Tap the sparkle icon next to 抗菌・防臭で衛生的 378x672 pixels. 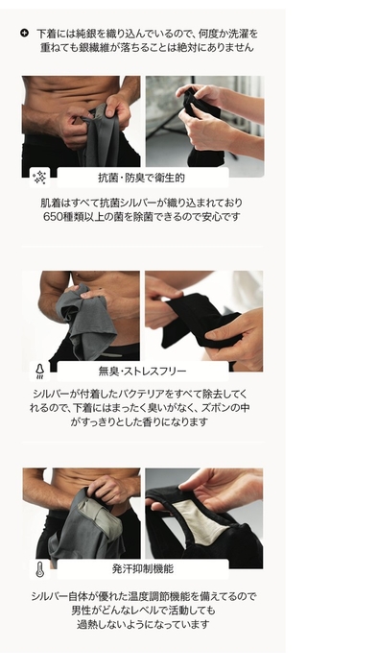39,177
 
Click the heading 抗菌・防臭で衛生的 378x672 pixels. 141,178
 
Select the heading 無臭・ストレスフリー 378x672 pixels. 142,371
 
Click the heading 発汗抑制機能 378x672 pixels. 142,568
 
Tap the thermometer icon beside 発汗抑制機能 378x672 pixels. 39,568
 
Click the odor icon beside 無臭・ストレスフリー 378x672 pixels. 39,371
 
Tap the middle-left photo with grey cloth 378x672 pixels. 81,317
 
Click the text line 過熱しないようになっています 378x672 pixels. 141,624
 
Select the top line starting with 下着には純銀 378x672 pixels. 146,33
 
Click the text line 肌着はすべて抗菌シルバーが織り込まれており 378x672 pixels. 141,203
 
